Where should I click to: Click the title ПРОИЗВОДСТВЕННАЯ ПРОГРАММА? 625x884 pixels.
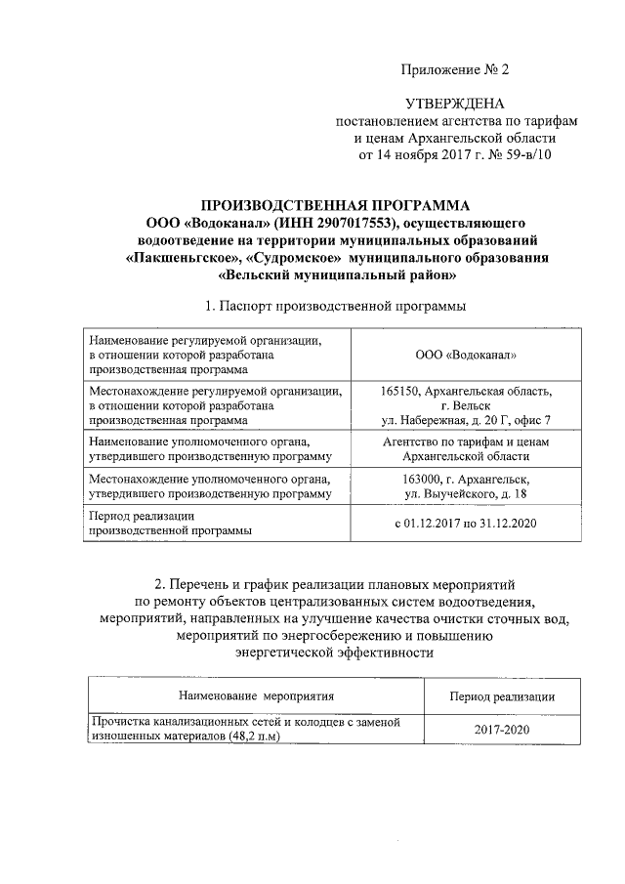(x=335, y=205)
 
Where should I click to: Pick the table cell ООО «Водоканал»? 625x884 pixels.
(x=466, y=355)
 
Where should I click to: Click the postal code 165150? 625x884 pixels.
(x=401, y=391)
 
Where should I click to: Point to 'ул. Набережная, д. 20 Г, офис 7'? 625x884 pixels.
(x=466, y=420)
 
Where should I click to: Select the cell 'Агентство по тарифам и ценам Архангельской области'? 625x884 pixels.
(x=466, y=449)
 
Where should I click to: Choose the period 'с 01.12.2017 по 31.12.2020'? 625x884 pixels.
(x=466, y=524)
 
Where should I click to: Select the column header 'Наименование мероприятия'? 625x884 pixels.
(x=256, y=696)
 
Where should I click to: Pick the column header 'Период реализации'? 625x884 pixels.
(x=502, y=696)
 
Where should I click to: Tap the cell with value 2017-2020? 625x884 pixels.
(x=502, y=730)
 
